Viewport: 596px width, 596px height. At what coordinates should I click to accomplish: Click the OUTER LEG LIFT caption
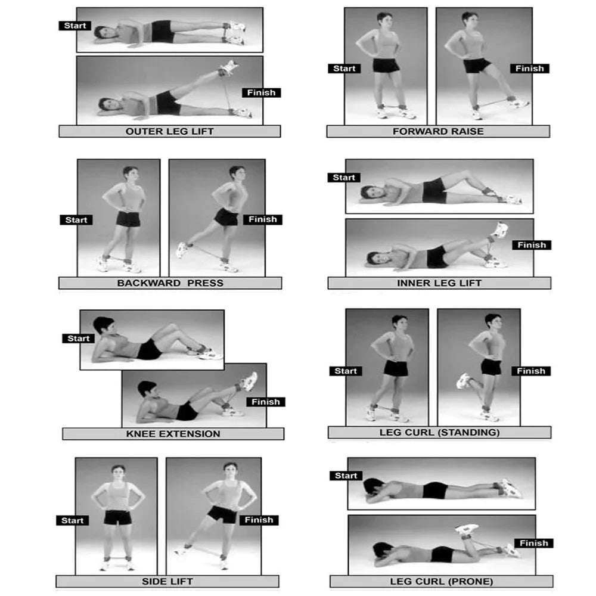coord(169,131)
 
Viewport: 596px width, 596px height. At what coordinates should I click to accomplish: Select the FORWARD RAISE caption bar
coord(438,131)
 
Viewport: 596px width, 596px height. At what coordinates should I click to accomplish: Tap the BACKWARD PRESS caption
coord(170,283)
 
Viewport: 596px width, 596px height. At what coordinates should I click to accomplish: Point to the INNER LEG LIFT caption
coord(439,283)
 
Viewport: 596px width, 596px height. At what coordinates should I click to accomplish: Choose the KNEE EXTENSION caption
coord(173,434)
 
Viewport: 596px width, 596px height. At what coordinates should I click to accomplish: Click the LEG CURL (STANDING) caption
coord(439,432)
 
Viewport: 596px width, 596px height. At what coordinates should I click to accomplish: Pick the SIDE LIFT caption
coord(167,581)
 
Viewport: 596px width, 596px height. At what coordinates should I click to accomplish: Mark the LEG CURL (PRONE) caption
coord(441,581)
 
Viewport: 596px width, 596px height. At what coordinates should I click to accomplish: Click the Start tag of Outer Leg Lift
coord(75,26)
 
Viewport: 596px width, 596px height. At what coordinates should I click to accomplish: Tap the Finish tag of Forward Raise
coord(529,69)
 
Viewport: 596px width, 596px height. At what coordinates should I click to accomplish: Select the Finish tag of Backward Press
coord(263,219)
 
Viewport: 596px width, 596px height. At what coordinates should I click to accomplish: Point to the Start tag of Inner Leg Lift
coord(344,178)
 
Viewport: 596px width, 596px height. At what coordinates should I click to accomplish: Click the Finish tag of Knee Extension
coord(266,402)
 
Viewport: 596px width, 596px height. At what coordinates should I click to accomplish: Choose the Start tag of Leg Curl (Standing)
coord(346,371)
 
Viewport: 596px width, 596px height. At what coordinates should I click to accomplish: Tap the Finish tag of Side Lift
coord(259,520)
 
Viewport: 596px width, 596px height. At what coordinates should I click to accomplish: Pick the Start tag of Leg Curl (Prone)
coord(346,476)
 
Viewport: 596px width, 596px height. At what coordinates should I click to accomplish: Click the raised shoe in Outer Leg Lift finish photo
coord(229,67)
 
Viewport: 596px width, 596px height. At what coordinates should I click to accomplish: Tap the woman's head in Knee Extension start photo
coord(103,325)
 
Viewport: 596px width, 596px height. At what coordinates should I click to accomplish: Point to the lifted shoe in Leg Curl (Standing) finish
coord(463,380)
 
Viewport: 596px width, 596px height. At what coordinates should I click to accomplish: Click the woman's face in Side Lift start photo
coord(118,473)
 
